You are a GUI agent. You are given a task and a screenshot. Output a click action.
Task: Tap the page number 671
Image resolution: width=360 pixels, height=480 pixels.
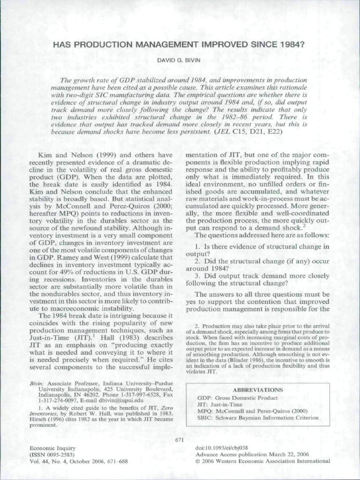(180, 440)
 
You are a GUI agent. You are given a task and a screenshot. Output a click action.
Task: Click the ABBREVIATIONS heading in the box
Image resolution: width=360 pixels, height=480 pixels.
(257, 390)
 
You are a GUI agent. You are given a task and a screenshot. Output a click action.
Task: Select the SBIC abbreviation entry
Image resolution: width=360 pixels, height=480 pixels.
(258, 418)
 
